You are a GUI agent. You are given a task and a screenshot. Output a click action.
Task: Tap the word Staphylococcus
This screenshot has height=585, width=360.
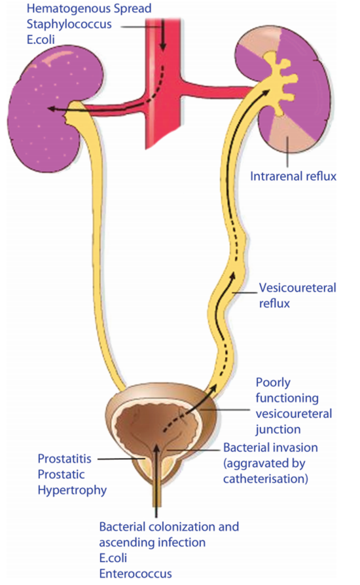[x=69, y=24]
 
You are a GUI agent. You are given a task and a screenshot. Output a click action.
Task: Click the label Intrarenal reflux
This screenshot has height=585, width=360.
[x=293, y=176]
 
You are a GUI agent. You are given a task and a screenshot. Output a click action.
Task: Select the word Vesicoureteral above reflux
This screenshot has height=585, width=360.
[x=297, y=288]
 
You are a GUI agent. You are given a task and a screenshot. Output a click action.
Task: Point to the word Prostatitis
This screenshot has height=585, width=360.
[x=64, y=459]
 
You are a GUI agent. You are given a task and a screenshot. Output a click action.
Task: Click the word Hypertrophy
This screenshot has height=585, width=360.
[x=72, y=490]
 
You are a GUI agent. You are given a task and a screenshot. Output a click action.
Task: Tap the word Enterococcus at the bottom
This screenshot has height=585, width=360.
[x=135, y=573]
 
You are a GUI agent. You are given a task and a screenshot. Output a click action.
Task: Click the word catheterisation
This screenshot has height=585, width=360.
[x=266, y=479]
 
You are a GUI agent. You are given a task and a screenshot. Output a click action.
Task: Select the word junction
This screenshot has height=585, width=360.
[x=278, y=430]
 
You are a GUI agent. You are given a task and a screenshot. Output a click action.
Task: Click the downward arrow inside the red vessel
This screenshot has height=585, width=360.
[x=162, y=35]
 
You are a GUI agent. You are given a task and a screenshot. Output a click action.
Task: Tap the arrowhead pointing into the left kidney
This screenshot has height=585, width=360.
[x=52, y=109]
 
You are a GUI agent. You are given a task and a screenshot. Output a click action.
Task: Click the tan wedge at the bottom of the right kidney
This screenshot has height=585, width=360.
[x=289, y=138]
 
